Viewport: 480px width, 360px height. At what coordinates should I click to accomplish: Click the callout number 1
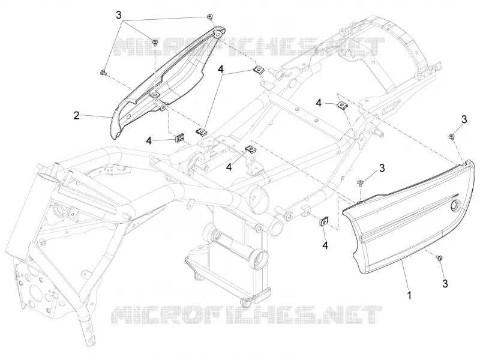409,295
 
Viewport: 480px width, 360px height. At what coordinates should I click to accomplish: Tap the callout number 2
77,115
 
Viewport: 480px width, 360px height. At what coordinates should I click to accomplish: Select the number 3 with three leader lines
119,14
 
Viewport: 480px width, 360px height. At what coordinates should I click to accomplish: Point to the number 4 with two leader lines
221,69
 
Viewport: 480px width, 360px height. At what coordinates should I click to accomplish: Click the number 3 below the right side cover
445,283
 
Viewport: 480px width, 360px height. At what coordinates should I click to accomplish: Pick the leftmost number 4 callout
149,141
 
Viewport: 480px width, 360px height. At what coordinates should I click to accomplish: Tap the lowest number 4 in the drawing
325,245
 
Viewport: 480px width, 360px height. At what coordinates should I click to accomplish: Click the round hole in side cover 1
455,205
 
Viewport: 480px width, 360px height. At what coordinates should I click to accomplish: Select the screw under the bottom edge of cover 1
440,259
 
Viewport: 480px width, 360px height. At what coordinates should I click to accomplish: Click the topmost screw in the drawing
209,16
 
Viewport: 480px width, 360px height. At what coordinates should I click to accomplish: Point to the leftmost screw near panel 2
103,72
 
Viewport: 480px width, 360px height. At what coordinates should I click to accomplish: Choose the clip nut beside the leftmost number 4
179,139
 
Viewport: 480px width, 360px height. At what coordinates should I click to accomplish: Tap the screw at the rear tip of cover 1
451,136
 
